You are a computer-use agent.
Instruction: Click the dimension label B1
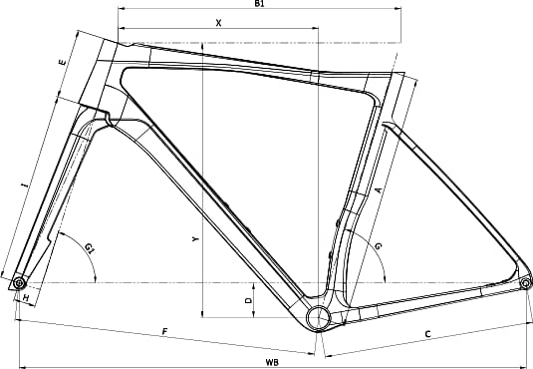[259, 3]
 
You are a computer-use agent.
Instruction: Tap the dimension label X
[219, 23]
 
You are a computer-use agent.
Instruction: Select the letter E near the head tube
[62, 62]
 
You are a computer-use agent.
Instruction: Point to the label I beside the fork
[24, 185]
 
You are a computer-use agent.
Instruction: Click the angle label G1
[90, 249]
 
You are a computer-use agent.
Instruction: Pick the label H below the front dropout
[26, 298]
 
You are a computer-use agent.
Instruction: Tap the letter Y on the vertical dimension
[195, 239]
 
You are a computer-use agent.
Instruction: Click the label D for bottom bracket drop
[248, 300]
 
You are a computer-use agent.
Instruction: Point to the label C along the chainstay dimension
[428, 334]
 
